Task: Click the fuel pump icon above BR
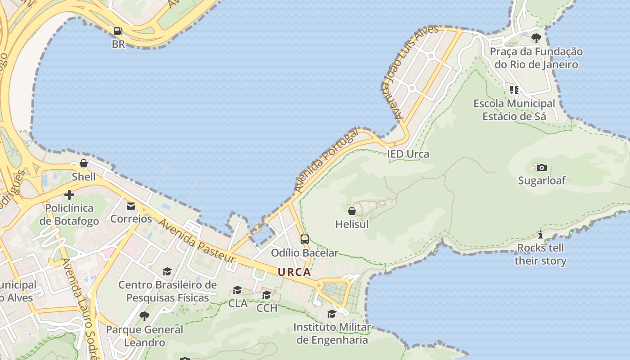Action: [x=118, y=31]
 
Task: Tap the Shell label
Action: [x=84, y=177]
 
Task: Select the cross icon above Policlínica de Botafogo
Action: [x=69, y=195]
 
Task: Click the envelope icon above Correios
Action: [x=131, y=206]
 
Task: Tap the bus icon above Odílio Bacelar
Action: [x=305, y=239]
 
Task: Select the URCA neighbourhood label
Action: [x=294, y=272]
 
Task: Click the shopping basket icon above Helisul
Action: [x=352, y=211]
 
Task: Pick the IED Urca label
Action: [x=408, y=154]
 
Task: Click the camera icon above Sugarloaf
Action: [x=542, y=167]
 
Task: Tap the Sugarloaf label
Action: [x=542, y=180]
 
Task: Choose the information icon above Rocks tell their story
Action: [x=540, y=234]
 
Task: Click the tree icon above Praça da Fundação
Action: [x=536, y=38]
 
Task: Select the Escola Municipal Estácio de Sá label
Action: [x=514, y=110]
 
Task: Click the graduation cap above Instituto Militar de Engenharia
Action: [x=332, y=314]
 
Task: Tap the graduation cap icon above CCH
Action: [x=267, y=295]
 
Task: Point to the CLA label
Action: [x=238, y=303]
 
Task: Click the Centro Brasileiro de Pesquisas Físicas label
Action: [x=167, y=291]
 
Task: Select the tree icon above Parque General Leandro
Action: [x=144, y=316]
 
